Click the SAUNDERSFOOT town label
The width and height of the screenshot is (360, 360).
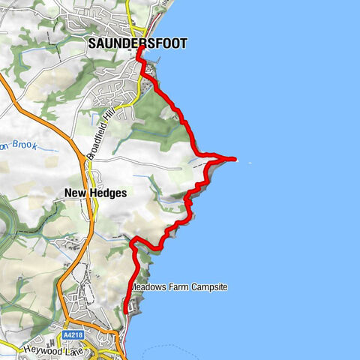(x=137, y=43)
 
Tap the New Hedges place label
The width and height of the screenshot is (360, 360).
(x=94, y=193)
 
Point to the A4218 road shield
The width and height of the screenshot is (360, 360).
(x=74, y=334)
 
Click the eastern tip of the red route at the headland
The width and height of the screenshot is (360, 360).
(x=235, y=159)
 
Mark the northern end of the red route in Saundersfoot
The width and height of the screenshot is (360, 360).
(x=140, y=49)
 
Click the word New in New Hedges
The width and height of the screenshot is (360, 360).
(x=73, y=193)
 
